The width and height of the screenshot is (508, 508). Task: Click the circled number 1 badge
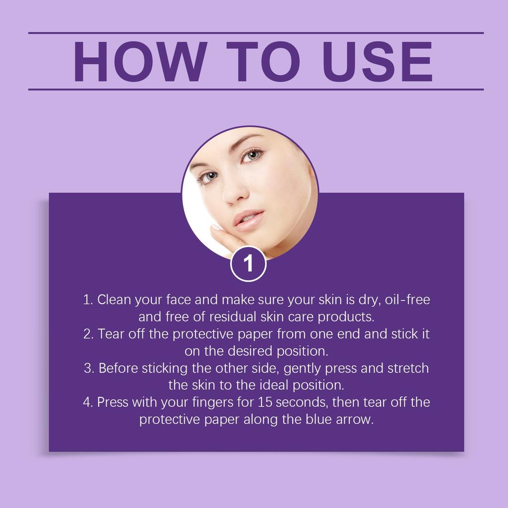click(x=249, y=263)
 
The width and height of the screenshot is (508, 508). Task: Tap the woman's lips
click(x=250, y=220)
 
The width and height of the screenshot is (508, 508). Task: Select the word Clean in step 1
click(x=112, y=300)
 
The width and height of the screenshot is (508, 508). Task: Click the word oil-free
click(x=407, y=300)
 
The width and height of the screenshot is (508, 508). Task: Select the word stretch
click(x=408, y=369)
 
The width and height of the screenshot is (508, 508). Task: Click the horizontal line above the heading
click(x=256, y=33)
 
